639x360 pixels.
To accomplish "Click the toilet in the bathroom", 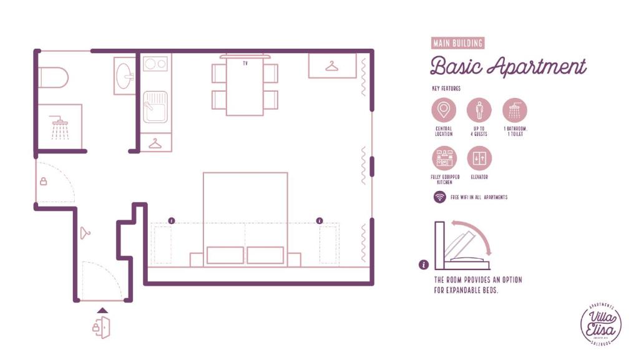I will [x=54, y=78].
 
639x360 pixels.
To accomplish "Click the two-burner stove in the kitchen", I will [x=155, y=64].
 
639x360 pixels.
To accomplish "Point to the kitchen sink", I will [x=155, y=107].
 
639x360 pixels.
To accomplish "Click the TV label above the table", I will [x=245, y=64].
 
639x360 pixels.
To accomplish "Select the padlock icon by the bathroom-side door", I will [x=43, y=182].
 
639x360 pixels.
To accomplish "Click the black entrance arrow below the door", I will [x=102, y=309].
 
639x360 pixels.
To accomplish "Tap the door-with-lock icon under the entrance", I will [x=102, y=326].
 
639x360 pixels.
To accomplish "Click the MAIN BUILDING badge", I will [x=458, y=43].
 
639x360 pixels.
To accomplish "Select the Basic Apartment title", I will [x=508, y=66].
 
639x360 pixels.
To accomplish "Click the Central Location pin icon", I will [x=444, y=111].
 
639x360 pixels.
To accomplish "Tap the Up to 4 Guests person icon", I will [x=479, y=111].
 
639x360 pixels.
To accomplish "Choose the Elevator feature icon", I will [x=479, y=158].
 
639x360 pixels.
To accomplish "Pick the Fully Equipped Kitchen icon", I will [x=444, y=158].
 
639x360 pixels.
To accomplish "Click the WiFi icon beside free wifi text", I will [x=440, y=197].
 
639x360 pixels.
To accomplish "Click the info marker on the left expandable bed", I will [x=172, y=220].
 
